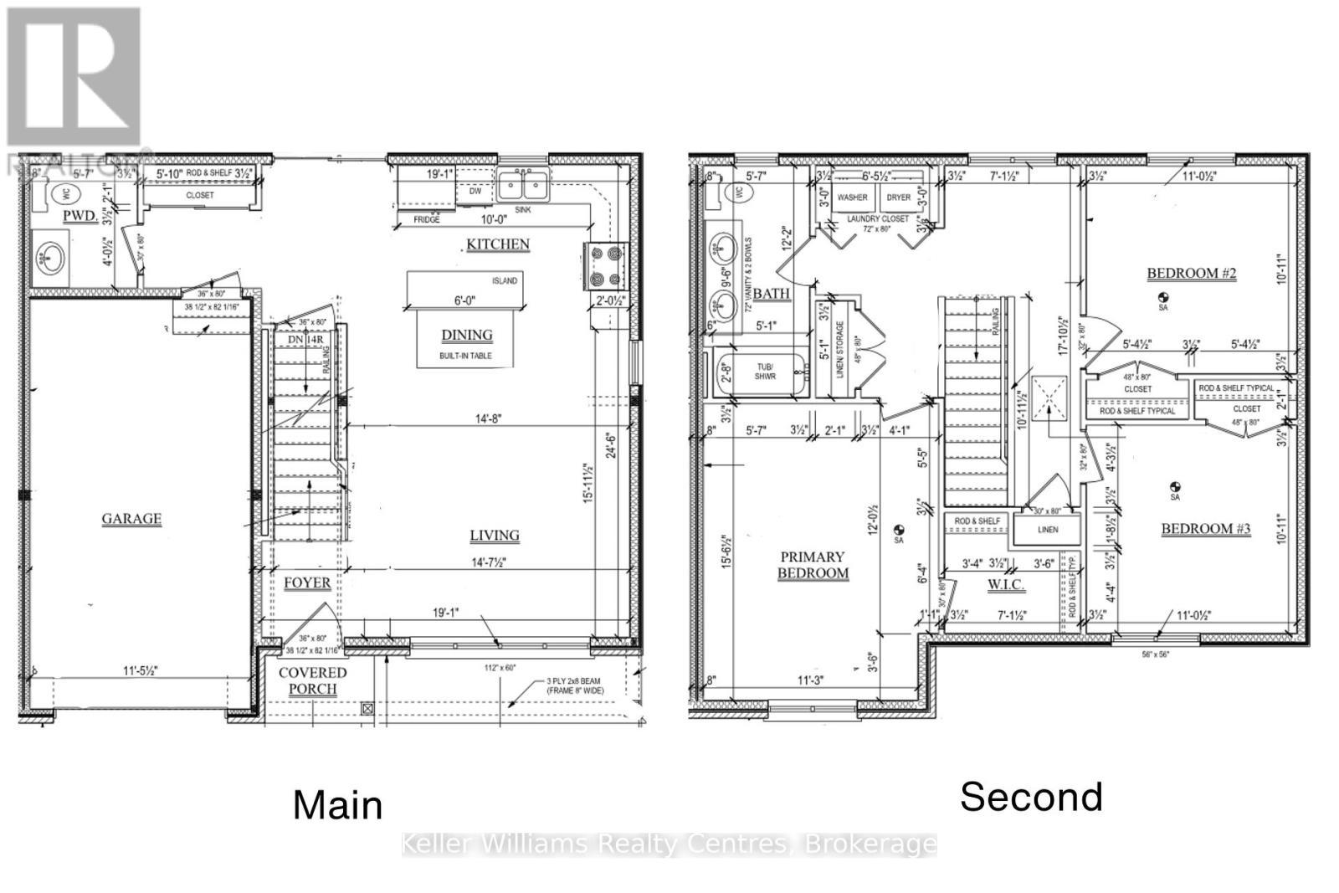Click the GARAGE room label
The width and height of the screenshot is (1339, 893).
131,519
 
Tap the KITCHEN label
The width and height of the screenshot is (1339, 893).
498,244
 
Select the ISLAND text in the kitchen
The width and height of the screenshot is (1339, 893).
504,280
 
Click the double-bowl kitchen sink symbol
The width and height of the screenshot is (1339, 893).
522,184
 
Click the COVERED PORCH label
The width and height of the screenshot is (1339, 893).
312,680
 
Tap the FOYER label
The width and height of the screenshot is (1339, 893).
306,583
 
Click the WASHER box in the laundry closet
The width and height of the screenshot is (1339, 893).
852,198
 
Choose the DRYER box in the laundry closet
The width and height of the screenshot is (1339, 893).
898,198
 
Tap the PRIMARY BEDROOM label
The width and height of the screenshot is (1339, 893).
813,565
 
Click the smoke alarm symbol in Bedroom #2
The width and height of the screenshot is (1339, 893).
1162,297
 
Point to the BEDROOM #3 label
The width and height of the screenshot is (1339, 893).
1205,529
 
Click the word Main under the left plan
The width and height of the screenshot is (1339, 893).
338,805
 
